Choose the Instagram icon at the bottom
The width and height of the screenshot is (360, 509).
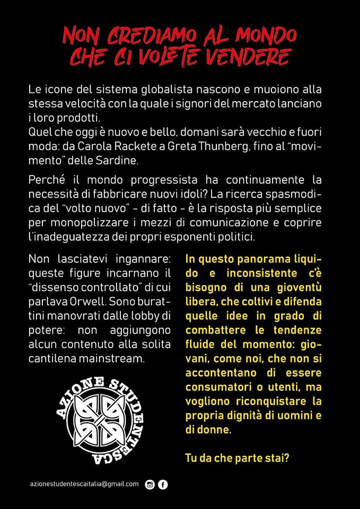[x=150, y=484]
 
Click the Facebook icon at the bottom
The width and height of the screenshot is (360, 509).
[x=163, y=484]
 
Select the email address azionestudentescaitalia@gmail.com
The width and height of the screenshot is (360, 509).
[x=84, y=484]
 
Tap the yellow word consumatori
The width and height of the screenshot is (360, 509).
[x=217, y=387]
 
